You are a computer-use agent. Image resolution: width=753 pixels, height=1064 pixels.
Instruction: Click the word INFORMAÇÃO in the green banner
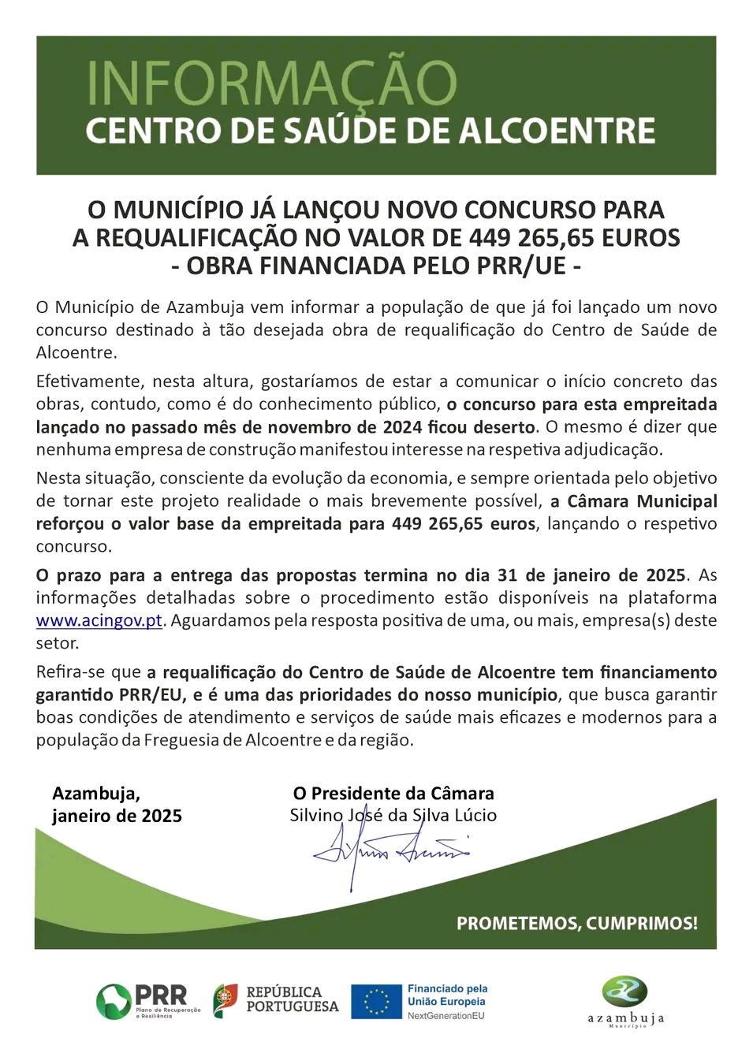[271, 84]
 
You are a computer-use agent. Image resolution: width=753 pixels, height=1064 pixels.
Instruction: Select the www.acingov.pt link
[99, 621]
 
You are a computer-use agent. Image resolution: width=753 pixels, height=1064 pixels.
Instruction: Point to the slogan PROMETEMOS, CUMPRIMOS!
[576, 923]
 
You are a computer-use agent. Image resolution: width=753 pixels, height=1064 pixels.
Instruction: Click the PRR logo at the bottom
[147, 1001]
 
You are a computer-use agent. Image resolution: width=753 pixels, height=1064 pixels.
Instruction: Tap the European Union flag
[376, 1001]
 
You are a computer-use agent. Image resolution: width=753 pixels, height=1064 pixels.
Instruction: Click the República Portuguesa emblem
[226, 1000]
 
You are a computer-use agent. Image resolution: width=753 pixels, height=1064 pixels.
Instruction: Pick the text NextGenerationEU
[445, 1016]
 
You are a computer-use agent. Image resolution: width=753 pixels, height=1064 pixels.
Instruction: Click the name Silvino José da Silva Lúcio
[393, 816]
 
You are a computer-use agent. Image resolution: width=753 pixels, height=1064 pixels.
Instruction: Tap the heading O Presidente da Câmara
[393, 794]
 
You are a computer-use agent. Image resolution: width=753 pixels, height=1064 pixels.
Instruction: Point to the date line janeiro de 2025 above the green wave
[117, 817]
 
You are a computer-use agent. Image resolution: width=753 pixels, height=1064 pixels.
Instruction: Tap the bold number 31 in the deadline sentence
[508, 575]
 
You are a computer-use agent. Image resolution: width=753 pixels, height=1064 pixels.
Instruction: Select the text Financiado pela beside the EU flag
[447, 988]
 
